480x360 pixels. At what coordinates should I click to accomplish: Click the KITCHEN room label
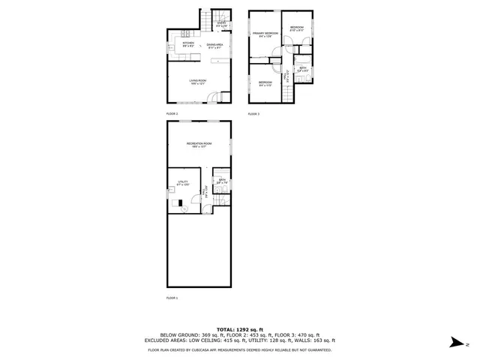click(189, 45)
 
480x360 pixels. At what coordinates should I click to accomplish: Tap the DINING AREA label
click(214, 46)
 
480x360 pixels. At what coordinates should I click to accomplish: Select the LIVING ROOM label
click(198, 81)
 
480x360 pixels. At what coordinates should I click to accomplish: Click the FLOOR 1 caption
click(172, 298)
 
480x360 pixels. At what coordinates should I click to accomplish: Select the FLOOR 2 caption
click(172, 113)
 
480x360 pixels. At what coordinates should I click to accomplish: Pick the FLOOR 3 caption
click(253, 113)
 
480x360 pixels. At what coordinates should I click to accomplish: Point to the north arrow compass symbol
click(455, 343)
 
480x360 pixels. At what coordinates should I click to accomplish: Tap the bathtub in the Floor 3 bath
click(301, 59)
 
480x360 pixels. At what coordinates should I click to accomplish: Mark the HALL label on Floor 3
click(287, 74)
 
